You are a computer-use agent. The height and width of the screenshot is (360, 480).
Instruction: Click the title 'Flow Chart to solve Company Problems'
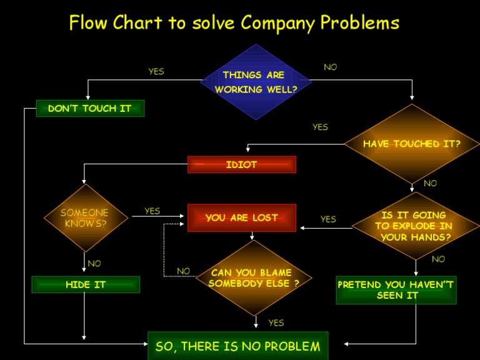click(x=234, y=23)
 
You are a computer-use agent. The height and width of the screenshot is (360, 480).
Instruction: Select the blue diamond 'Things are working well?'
click(x=256, y=82)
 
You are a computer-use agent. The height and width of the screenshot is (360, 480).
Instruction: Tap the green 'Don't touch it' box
click(x=90, y=109)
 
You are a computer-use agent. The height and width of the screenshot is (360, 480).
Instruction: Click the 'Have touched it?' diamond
click(x=411, y=144)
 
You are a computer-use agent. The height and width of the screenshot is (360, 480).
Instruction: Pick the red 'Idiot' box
click(x=241, y=164)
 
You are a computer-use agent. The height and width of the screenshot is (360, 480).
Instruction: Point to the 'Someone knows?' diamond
click(x=84, y=218)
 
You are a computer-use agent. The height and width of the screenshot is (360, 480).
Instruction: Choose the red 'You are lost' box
click(x=241, y=217)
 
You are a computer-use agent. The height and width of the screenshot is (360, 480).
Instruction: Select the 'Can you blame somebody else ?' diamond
click(x=253, y=278)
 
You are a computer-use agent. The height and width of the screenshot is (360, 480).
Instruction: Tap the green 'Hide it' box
click(x=86, y=284)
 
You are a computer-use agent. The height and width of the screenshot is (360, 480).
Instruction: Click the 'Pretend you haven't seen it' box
click(x=396, y=290)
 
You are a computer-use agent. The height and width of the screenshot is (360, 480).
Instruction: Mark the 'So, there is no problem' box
click(x=237, y=346)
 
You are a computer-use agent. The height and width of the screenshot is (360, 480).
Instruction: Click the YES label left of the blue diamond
click(x=156, y=71)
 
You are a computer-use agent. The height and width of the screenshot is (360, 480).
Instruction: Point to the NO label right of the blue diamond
click(x=330, y=67)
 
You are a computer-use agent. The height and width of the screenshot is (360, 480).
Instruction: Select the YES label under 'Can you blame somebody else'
click(x=276, y=322)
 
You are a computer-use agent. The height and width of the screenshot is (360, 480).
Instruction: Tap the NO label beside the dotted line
click(x=183, y=271)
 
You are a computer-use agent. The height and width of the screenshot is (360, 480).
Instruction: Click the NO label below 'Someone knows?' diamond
click(x=94, y=263)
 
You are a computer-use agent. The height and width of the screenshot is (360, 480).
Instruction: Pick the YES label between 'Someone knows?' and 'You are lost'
click(x=152, y=211)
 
